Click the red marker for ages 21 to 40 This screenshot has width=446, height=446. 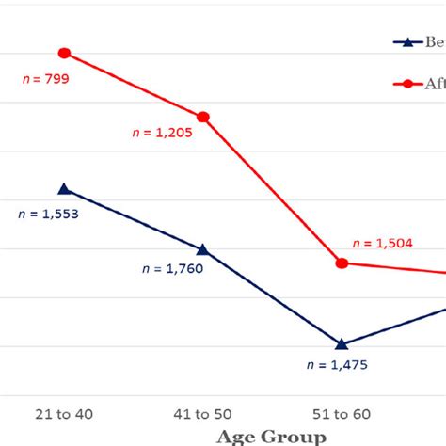[x=64, y=53]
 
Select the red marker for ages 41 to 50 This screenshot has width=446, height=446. [x=203, y=117]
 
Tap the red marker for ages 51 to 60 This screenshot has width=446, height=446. [x=342, y=263]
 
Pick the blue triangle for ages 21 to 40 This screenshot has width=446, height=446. [x=64, y=189]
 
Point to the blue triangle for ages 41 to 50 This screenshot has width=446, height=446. [x=203, y=249]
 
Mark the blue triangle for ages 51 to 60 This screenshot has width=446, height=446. [x=342, y=343]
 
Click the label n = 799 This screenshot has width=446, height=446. [x=46, y=80]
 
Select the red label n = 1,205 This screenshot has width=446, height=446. [x=162, y=134]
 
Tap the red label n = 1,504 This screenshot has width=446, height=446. [x=381, y=244]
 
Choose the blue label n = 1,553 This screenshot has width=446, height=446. [x=48, y=214]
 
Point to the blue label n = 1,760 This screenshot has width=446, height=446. [x=172, y=267]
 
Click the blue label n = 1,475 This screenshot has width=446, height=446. [x=341, y=364]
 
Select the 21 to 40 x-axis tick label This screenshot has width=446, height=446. [x=63, y=414]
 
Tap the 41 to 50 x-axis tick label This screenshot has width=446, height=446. [x=202, y=414]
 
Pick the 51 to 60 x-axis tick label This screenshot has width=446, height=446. [x=341, y=414]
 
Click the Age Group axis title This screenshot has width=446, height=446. [x=272, y=436]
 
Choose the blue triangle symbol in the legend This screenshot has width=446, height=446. [x=406, y=42]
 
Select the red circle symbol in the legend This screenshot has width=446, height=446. [x=406, y=84]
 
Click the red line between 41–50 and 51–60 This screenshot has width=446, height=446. [x=273, y=190]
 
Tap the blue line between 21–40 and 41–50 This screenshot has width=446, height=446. [x=134, y=219]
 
